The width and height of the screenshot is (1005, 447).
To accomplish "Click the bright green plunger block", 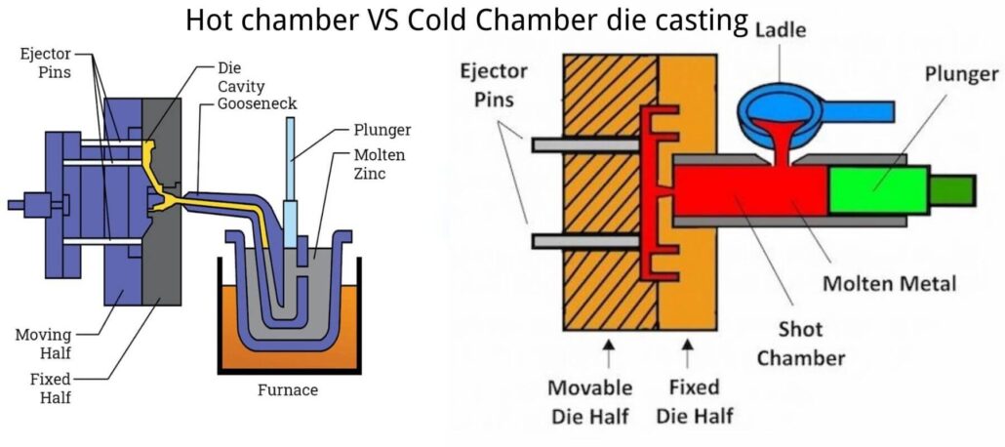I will (876, 188).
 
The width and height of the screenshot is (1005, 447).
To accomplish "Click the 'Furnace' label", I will (288, 390).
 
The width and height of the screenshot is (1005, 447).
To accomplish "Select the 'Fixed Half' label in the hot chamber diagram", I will (41, 388).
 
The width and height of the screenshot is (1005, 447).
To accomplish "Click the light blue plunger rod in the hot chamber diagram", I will (290, 161).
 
